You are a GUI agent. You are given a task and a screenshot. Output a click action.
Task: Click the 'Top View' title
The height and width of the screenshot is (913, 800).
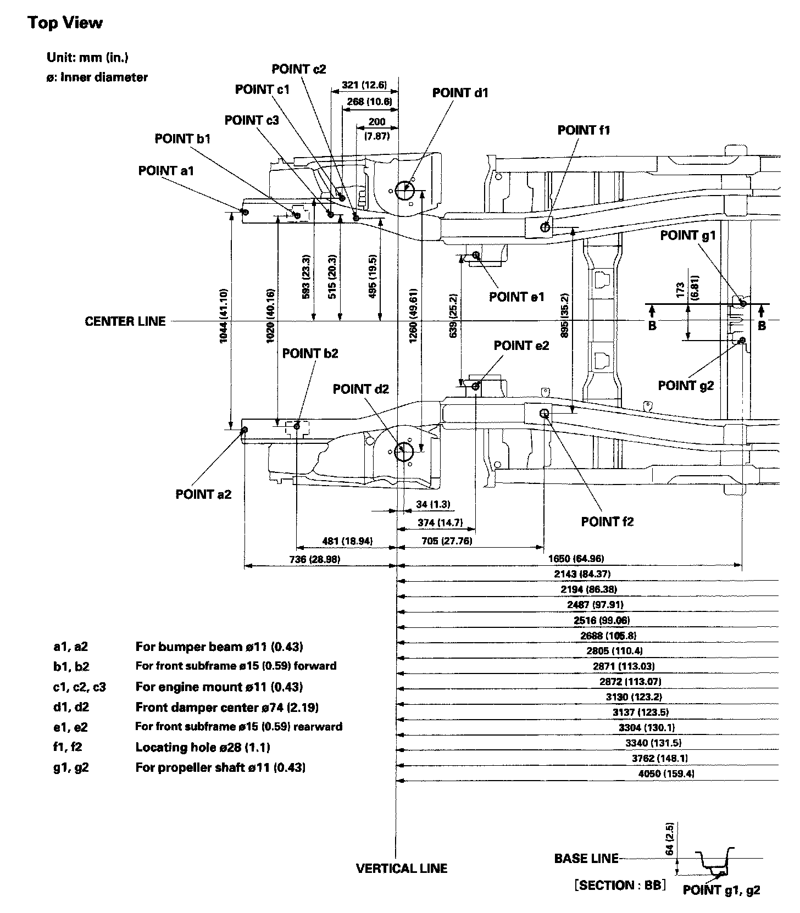pos(65,23)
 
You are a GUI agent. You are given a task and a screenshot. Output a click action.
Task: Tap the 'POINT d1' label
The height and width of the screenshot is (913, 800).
pos(460,93)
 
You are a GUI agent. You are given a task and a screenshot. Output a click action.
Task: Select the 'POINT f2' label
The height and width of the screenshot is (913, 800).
pos(607,521)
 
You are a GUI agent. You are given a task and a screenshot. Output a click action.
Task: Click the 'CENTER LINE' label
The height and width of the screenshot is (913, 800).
pos(125,321)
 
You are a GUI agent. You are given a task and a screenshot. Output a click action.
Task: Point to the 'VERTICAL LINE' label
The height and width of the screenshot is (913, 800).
pos(402,869)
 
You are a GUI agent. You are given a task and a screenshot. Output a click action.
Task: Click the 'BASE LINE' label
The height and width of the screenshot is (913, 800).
pos(586,859)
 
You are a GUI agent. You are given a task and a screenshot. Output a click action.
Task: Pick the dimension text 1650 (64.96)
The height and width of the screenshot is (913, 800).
pos(576,559)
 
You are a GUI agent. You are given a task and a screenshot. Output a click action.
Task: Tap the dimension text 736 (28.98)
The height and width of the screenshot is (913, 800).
pos(314,559)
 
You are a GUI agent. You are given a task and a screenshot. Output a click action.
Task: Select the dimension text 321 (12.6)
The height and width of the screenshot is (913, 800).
pos(364,85)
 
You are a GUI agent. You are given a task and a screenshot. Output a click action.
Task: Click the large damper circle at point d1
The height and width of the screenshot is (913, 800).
pos(404,190)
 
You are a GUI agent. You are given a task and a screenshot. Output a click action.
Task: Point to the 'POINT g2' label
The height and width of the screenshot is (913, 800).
pos(685,386)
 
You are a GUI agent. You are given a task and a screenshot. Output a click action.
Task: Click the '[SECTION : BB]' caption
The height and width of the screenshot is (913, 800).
pos(619,885)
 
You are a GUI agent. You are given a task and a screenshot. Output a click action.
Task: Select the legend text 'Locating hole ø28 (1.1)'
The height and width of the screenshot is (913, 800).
pos(203,747)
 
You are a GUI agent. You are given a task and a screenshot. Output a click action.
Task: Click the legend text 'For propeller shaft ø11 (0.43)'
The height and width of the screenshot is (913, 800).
pos(220,767)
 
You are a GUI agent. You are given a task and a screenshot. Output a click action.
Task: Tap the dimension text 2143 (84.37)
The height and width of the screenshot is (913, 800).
pos(582,574)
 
